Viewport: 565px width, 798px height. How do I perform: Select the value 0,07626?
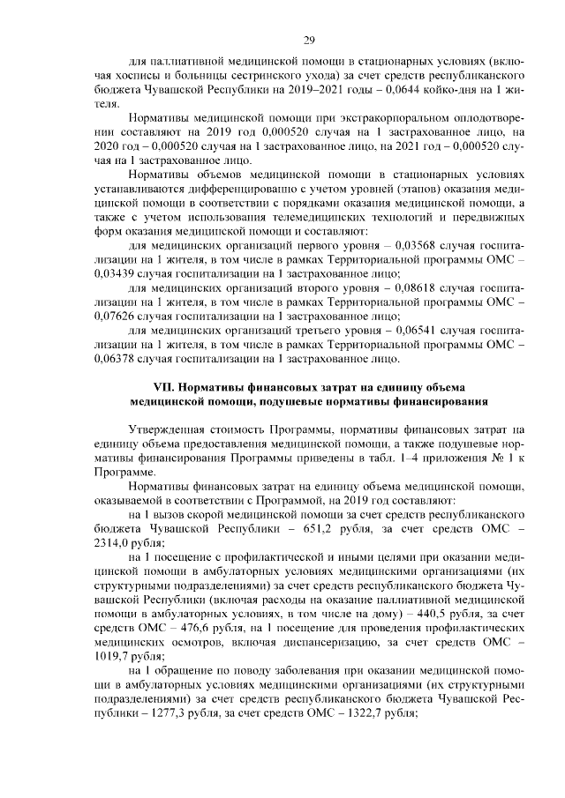[111, 321]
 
